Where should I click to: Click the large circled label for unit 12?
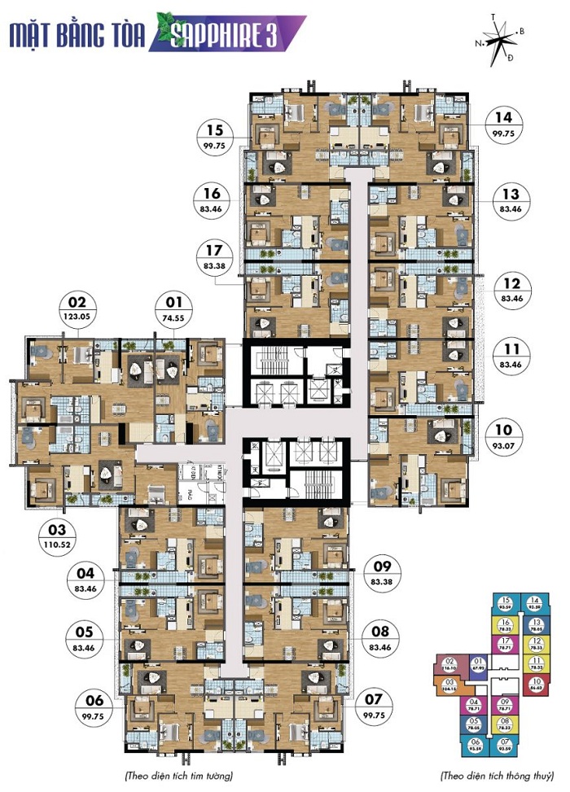pyautogui.click(x=512, y=291)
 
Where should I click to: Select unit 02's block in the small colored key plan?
pyautogui.click(x=449, y=664)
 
